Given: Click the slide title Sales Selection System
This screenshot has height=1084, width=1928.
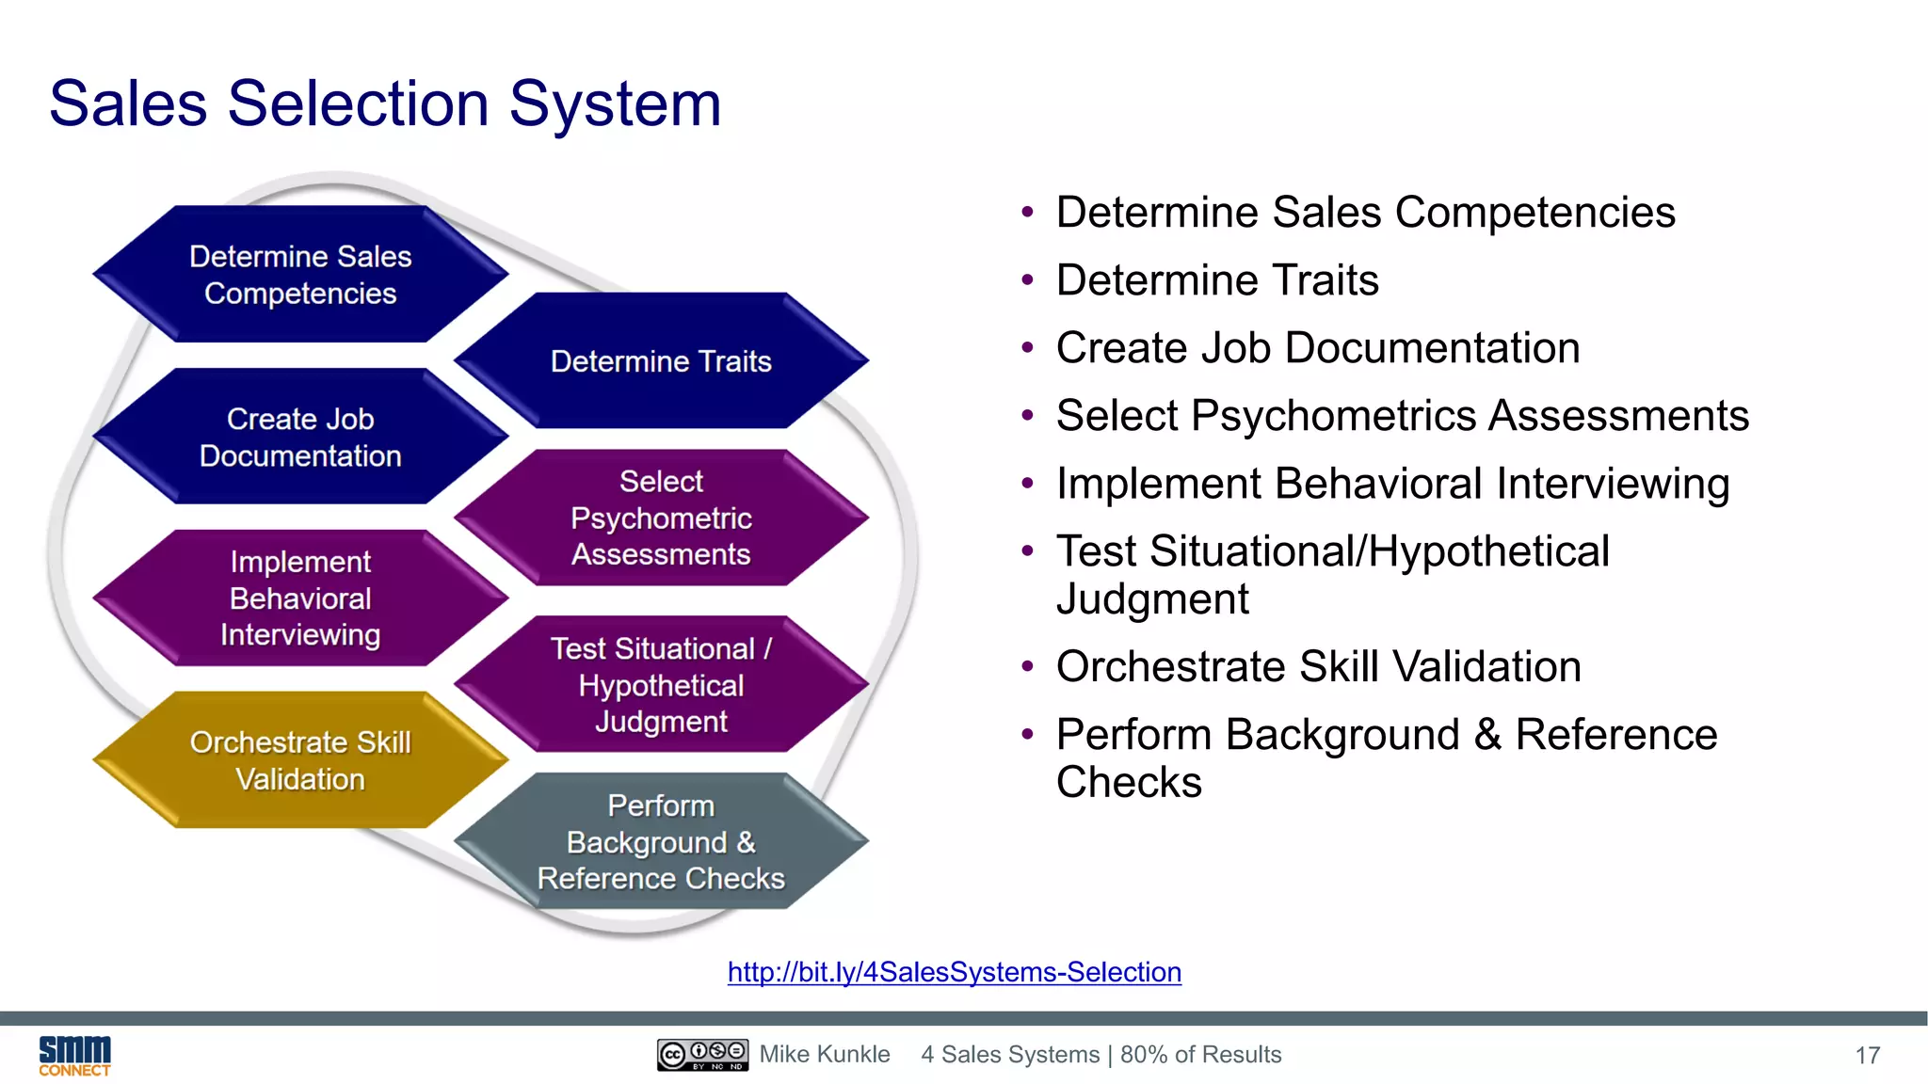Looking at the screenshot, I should point(385,104).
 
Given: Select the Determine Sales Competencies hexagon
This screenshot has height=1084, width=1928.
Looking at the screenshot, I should point(300,275).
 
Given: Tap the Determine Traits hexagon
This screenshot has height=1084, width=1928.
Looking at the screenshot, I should point(661,361).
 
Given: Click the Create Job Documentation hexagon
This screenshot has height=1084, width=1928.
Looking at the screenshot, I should point(300,437).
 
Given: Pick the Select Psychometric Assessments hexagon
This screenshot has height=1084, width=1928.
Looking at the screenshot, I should point(661,518).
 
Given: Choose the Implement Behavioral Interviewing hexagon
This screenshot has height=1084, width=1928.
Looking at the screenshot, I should point(300,598).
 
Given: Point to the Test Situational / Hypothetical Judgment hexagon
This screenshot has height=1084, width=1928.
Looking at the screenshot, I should point(661,685).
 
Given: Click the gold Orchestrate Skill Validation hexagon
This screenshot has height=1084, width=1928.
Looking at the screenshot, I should point(300,760).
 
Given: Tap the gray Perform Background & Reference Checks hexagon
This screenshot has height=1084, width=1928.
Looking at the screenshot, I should point(661,841).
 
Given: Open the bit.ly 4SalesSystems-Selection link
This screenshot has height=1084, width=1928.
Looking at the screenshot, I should point(954,972).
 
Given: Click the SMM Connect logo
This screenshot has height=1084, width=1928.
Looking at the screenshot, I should point(74,1056).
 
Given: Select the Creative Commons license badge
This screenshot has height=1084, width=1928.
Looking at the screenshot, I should point(702,1055).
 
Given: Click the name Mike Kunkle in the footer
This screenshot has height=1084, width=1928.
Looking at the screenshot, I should point(825,1055).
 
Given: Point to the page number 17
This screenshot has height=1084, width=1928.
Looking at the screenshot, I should point(1867,1056).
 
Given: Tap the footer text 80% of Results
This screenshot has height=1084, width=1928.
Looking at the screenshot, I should point(1200,1055).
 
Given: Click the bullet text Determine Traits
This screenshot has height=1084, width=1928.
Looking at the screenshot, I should point(1216,280).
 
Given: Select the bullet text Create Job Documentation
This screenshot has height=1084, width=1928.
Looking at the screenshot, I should point(1317,348).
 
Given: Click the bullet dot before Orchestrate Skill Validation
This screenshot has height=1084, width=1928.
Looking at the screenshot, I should point(1027,667).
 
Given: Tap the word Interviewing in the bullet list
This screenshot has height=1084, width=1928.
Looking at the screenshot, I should point(1613,484).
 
